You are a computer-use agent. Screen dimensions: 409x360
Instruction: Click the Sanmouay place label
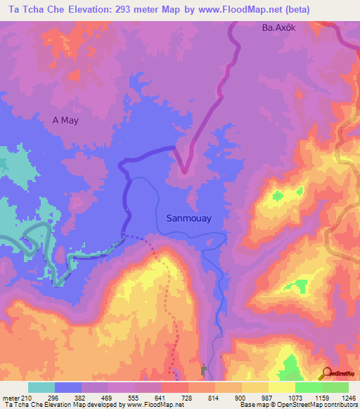(x=188, y=218)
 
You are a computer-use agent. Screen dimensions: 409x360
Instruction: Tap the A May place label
(x=65, y=120)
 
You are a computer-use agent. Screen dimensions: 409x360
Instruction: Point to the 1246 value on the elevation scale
(x=348, y=398)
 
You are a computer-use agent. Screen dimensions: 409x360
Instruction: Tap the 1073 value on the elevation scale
(x=295, y=398)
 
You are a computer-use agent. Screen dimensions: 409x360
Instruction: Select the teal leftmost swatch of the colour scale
(x=41, y=387)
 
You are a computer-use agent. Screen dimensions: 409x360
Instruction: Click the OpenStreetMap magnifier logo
(x=327, y=372)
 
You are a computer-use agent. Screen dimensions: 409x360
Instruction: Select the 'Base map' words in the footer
(x=254, y=405)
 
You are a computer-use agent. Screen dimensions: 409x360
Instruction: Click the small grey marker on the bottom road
(x=205, y=370)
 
